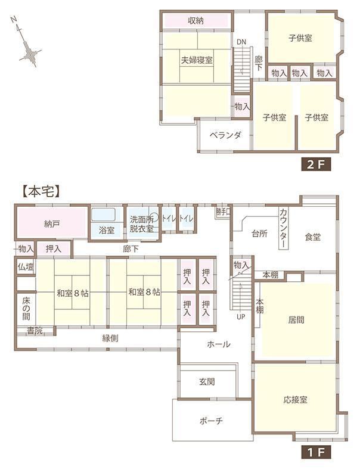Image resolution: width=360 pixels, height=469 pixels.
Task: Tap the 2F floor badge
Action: pos(316,164)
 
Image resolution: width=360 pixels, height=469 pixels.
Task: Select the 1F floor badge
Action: pos(316,452)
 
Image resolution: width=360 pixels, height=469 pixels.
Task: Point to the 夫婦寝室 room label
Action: pos(197,60)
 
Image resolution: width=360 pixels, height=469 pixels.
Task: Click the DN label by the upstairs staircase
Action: pos(241,42)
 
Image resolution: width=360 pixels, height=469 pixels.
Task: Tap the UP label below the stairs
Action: pos(241,317)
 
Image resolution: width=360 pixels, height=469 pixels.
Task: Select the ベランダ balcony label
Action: pos(225,135)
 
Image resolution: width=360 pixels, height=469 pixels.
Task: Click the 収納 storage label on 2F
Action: pos(196,21)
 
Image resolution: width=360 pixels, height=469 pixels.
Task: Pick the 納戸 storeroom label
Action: pos(51,223)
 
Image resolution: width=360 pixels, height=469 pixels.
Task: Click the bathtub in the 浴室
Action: pos(104,215)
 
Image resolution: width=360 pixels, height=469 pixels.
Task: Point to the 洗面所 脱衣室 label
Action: pos(141,224)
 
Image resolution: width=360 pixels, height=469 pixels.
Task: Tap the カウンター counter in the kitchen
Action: pos(283,228)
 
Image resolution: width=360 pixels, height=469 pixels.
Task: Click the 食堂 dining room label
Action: pos(313,237)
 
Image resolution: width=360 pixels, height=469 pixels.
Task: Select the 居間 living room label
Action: pos(296,320)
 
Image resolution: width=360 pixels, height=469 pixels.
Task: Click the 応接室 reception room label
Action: pos(296,400)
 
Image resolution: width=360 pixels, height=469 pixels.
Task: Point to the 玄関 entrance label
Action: pos(207,381)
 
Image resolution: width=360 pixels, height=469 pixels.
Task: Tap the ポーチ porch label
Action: pos(211,421)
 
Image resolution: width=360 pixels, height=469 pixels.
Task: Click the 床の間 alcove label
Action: pos(26,309)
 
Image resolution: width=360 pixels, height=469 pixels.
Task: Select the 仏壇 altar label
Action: pos(26,267)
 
